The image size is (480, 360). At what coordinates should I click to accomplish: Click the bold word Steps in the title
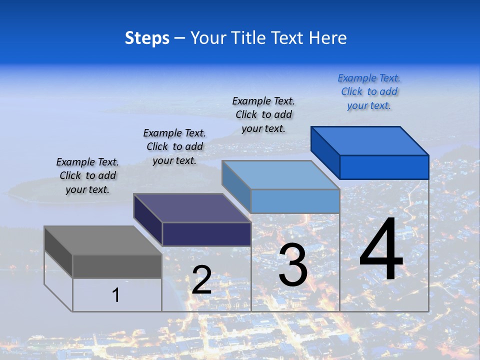point(147,38)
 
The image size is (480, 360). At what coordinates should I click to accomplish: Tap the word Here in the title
point(327,38)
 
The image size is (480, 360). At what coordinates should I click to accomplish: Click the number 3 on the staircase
point(293,265)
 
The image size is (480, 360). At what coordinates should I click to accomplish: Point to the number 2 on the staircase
point(201,280)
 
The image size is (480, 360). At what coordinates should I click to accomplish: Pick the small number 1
point(116,295)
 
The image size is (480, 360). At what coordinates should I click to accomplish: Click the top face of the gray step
point(102,240)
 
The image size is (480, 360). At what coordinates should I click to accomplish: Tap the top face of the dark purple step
point(191,208)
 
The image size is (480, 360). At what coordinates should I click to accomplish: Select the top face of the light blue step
point(280,175)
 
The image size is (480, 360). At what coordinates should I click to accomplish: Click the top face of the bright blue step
point(369,141)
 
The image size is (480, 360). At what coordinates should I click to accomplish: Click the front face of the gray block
point(117,266)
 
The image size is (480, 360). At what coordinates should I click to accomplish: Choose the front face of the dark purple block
point(206,234)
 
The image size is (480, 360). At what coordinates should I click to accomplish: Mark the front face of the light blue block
point(295,201)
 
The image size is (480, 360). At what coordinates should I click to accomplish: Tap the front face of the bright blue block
point(384,167)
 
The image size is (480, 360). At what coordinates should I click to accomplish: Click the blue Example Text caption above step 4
point(369,91)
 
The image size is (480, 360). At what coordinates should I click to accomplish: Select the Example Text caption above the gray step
point(87,175)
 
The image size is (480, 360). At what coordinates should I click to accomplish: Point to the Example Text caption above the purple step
point(174,146)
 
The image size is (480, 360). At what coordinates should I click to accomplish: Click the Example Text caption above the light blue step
point(263,114)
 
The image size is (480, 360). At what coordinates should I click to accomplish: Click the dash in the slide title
point(180,38)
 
